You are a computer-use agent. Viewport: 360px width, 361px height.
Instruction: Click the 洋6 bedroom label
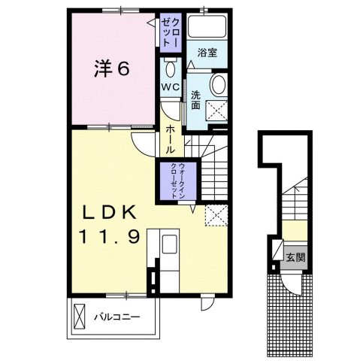113,69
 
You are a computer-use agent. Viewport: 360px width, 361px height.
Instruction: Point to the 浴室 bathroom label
207,52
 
